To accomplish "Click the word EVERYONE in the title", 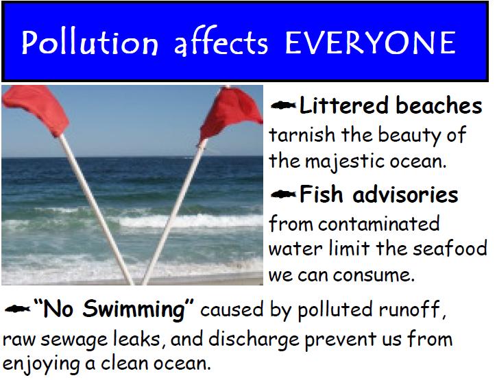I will tap(370, 42).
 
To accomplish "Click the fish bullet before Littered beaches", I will tap(283, 105).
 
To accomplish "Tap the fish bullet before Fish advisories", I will tap(283, 194).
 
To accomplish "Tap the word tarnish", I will tap(295, 134).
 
